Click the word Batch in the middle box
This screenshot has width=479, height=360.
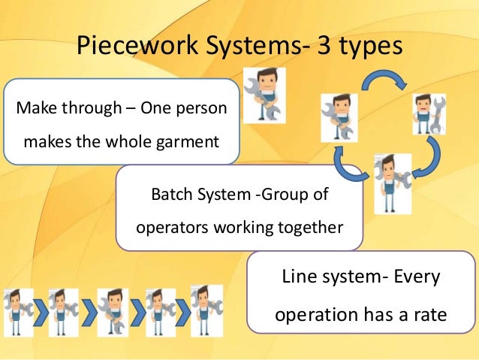pyautogui.click(x=171, y=195)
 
